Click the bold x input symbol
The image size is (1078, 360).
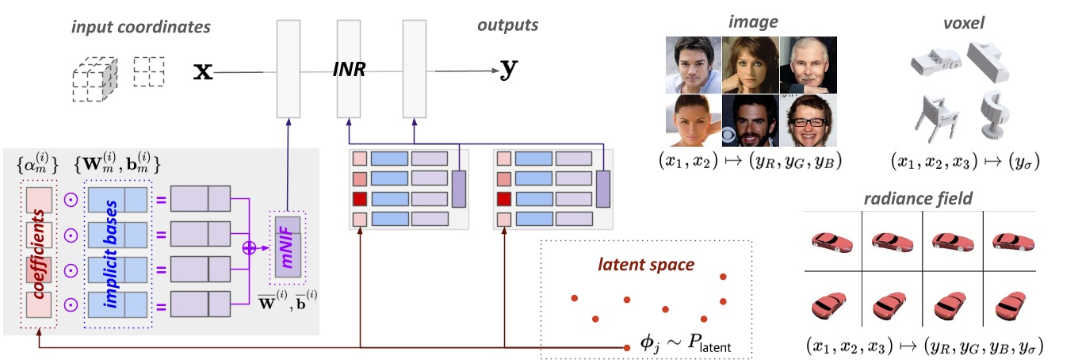point(203,72)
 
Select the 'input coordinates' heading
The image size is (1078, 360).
point(141,27)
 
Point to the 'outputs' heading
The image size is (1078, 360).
point(507,25)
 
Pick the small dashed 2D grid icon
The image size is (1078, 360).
point(149,71)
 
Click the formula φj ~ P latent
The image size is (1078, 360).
point(685,345)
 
